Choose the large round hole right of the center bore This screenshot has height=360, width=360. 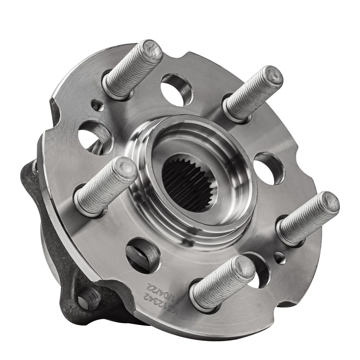tap(269, 168)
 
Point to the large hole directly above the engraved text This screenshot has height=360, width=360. tap(142, 255)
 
